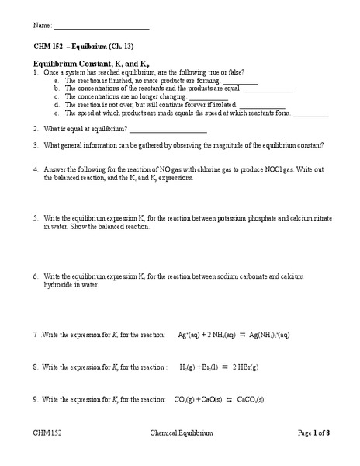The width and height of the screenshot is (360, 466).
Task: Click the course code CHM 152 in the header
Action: [47, 46]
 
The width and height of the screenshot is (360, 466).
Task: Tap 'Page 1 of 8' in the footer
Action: [314, 433]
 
